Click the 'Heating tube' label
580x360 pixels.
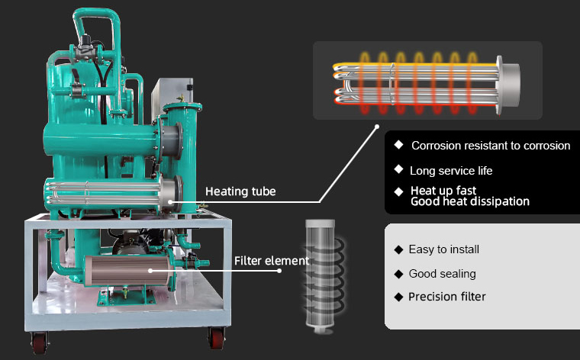pyautogui.click(x=240, y=191)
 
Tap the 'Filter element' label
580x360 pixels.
pyautogui.click(x=272, y=261)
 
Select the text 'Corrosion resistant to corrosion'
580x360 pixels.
pyautogui.click(x=491, y=146)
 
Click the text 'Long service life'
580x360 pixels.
pyautogui.click(x=451, y=170)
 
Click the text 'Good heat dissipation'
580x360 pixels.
pyautogui.click(x=470, y=201)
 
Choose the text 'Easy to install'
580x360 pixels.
pyautogui.click(x=444, y=249)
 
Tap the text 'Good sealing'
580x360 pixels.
pyautogui.click(x=442, y=273)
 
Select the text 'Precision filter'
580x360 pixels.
pyautogui.click(x=446, y=297)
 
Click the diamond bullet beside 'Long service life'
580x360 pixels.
pyautogui.click(x=398, y=169)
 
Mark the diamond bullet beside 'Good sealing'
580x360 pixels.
pyautogui.click(x=398, y=273)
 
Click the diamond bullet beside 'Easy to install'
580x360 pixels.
pyautogui.click(x=398, y=249)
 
